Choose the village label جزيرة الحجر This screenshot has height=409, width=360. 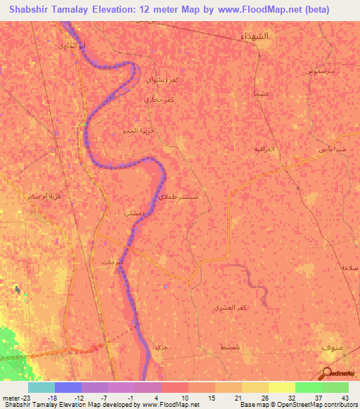(x=137, y=131)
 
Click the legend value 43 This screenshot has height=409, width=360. (x=346, y=397)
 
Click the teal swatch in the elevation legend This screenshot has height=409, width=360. (x=41, y=387)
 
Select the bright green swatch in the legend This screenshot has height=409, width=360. (x=308, y=387)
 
